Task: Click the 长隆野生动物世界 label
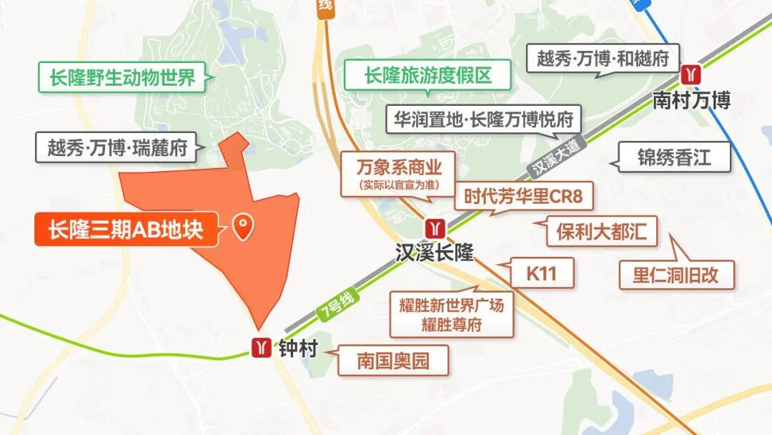122,77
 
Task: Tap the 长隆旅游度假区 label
428,75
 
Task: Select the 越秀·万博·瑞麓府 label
117,147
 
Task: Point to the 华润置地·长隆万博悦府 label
483,119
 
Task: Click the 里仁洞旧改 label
675,275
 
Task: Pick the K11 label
541,273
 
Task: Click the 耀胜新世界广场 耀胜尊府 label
451,314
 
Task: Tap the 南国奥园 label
393,361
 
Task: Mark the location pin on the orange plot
243,228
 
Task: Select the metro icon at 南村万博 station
691,74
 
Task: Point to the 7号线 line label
334,309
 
